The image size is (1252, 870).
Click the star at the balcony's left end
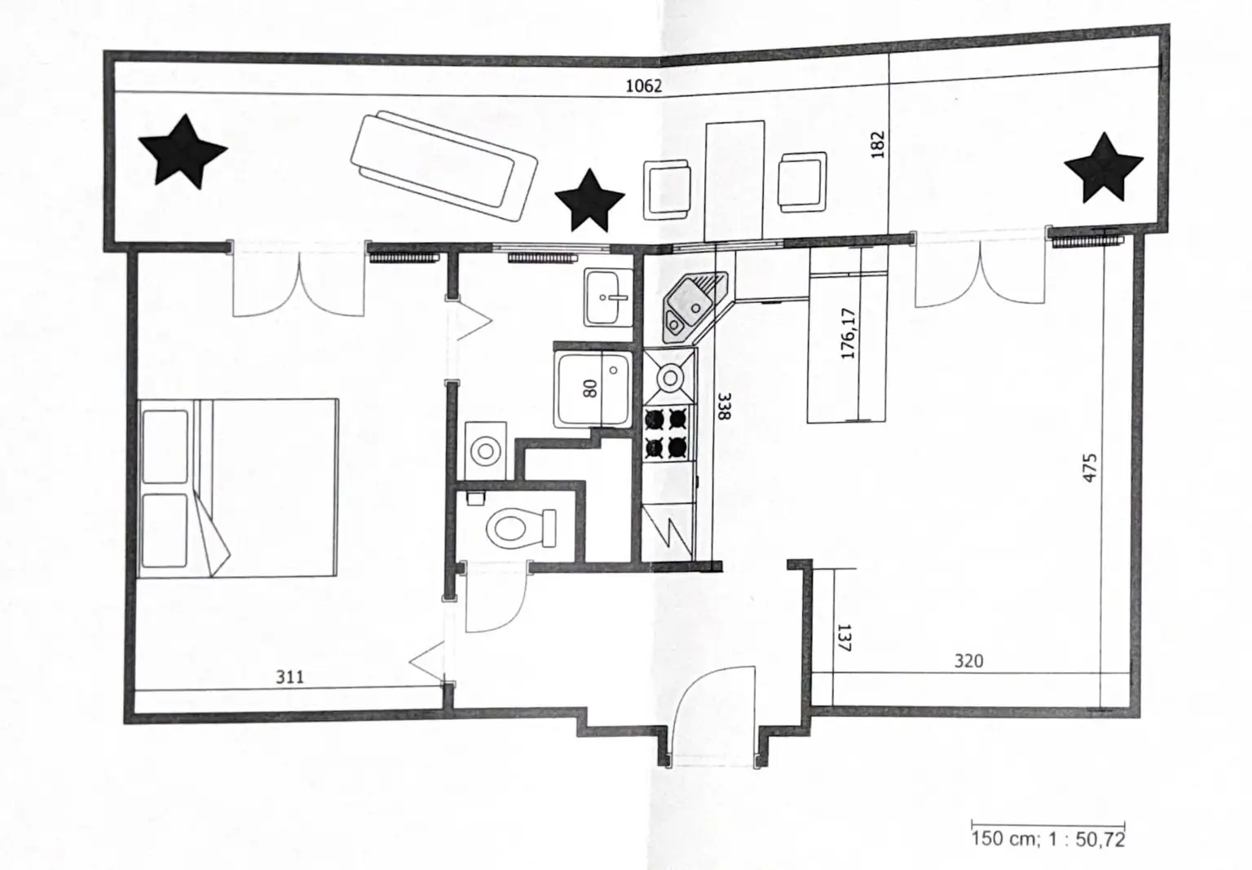[183, 152]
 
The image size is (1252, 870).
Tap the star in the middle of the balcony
[589, 201]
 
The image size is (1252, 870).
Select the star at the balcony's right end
[1104, 169]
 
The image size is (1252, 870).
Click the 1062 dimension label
[643, 86]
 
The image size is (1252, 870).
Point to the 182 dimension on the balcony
[878, 145]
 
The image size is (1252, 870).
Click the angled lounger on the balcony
[444, 167]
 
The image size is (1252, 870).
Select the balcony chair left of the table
[668, 189]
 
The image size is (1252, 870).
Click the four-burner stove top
[666, 433]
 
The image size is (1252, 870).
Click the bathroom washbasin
[607, 297]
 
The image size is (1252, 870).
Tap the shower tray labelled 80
[593, 389]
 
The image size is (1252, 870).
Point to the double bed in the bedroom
[238, 488]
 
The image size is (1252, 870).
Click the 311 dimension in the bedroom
[290, 677]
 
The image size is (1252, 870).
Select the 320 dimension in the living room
[968, 661]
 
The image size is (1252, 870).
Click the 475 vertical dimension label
[1090, 468]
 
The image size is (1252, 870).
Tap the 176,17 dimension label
[849, 333]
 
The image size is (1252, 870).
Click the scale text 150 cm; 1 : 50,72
[1047, 839]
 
